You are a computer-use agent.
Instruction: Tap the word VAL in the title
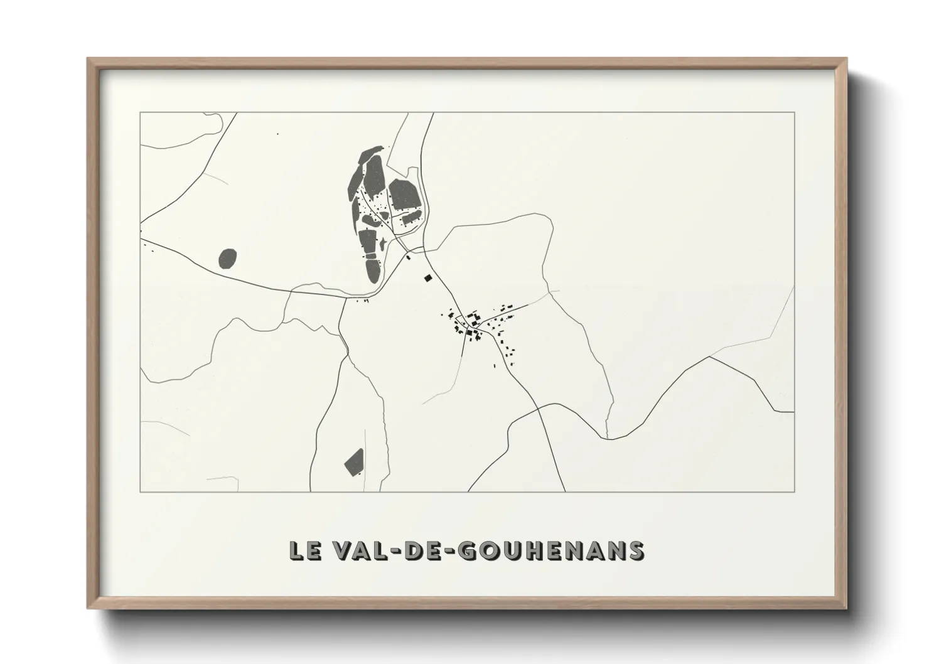(x=360, y=550)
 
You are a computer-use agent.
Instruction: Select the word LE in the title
(x=303, y=550)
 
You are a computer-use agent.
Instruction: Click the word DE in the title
(x=426, y=550)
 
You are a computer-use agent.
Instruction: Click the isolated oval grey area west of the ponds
(x=228, y=258)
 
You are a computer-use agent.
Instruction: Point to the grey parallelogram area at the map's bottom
(x=354, y=460)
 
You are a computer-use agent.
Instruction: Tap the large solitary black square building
(x=428, y=277)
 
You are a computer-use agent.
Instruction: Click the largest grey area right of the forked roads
(x=404, y=193)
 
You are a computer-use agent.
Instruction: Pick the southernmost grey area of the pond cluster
(x=373, y=270)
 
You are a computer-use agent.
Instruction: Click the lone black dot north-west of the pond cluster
(x=277, y=134)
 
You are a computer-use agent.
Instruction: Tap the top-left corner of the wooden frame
(x=89, y=59)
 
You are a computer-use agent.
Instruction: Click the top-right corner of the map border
(x=794, y=112)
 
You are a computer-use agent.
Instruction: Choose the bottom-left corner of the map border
(x=140, y=491)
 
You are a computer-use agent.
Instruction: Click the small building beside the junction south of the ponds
(x=408, y=256)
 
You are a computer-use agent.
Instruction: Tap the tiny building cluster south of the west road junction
(x=364, y=301)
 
